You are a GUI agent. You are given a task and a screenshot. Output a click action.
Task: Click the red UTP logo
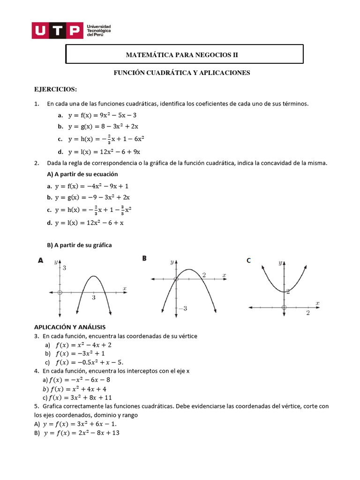(56, 31)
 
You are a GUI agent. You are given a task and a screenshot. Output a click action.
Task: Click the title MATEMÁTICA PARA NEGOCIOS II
(182, 55)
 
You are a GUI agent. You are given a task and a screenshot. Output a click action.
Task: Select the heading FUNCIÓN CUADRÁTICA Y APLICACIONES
(182, 73)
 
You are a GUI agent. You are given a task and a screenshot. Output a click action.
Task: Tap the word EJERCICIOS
(56, 89)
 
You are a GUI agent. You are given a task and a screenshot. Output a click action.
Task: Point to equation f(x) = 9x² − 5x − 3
(102, 115)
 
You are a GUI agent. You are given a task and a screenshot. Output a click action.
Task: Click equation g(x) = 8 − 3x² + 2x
(103, 127)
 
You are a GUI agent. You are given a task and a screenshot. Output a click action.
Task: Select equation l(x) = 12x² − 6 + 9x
(104, 151)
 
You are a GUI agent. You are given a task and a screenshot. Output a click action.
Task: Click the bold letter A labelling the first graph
(41, 261)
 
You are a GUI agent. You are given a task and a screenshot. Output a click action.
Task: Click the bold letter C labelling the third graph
(249, 261)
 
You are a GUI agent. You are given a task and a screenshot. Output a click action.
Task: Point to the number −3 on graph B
(182, 308)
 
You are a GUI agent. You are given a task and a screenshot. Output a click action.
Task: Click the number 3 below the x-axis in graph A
(94, 298)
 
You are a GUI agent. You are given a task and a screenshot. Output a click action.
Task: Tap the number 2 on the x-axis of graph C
(308, 313)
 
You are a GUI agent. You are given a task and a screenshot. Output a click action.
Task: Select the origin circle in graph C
(284, 307)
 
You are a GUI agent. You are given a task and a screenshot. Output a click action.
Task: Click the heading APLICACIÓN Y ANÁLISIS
(70, 327)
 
